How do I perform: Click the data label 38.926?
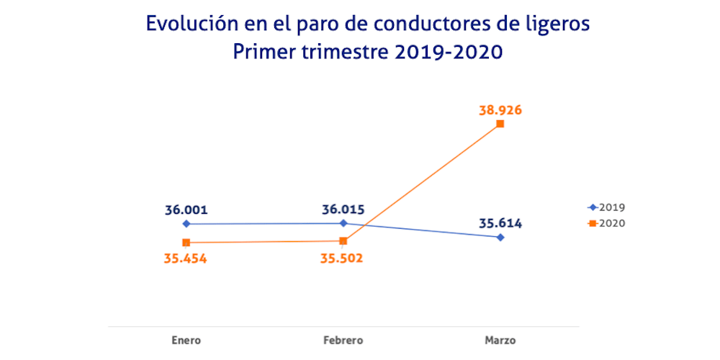pyautogui.click(x=500, y=111)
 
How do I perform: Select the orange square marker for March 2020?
pyautogui.click(x=500, y=124)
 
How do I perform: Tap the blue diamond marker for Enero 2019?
pyautogui.click(x=186, y=224)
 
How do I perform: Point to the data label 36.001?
pyautogui.click(x=186, y=210)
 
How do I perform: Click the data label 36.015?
pyautogui.click(x=343, y=210)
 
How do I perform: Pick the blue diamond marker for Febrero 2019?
pyautogui.click(x=343, y=223)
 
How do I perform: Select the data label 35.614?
pyautogui.click(x=500, y=223)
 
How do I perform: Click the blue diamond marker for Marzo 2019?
pyautogui.click(x=500, y=237)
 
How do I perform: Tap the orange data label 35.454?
pyautogui.click(x=186, y=258)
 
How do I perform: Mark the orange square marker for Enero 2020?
pyautogui.click(x=186, y=243)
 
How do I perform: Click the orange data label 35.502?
pyautogui.click(x=341, y=258)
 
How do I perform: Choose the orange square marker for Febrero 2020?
pyautogui.click(x=343, y=241)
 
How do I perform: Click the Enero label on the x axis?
pyautogui.click(x=186, y=340)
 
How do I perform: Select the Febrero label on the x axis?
pyautogui.click(x=343, y=340)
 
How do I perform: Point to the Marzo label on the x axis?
pyautogui.click(x=500, y=340)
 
